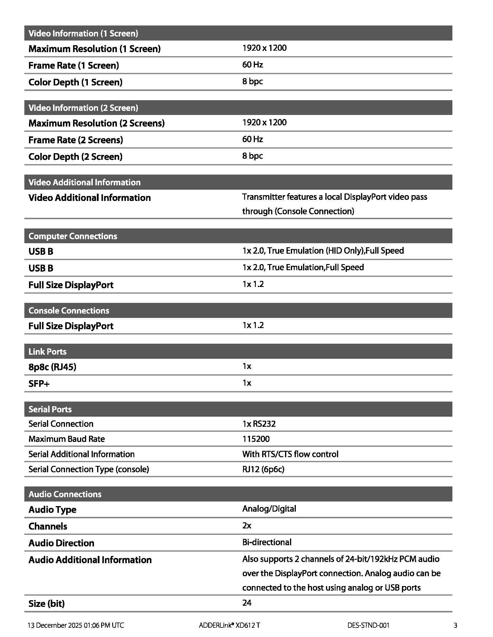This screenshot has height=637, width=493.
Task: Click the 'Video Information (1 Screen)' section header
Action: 83,33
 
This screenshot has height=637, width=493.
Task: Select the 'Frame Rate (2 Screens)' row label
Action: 76,140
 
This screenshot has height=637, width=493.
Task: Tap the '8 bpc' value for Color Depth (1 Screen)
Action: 252,81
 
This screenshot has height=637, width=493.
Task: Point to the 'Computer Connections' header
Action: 73,236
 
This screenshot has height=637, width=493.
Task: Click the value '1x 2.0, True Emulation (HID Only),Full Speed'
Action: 323,251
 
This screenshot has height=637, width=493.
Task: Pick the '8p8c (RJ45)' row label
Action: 52,367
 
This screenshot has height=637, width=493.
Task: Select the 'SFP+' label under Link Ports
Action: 39,384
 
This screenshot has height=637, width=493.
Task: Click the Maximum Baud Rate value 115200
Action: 256,439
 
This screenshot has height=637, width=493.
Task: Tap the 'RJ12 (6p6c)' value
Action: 263,469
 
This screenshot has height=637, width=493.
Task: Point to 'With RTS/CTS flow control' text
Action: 290,454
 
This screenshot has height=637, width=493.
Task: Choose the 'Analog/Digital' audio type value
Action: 269,509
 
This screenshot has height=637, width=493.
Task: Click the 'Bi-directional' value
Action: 267,542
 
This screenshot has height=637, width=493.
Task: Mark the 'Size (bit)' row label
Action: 46,603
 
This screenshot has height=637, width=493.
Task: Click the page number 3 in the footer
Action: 455,625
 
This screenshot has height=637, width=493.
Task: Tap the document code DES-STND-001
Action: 368,625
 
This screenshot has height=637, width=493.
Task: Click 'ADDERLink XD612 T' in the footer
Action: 229,625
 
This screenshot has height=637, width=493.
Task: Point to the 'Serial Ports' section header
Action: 50,409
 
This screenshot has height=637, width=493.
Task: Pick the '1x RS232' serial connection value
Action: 259,424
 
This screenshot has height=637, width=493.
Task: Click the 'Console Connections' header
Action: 69,310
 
